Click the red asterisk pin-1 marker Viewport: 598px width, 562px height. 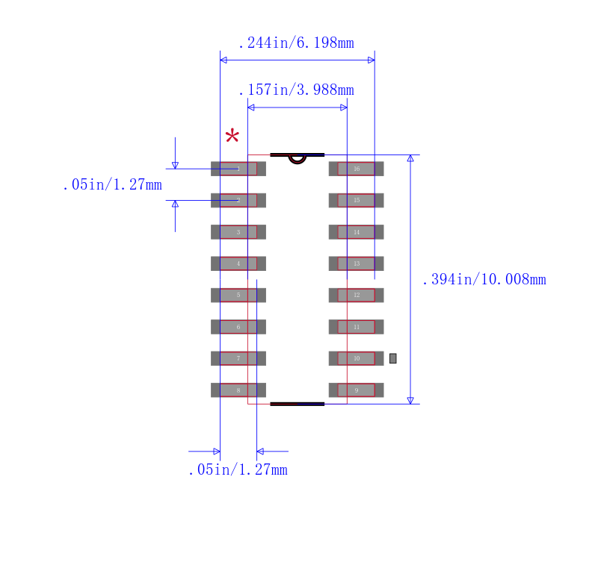(232, 137)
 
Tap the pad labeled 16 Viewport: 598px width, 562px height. (357, 169)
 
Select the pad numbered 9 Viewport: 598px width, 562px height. (357, 390)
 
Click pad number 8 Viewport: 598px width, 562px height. (238, 390)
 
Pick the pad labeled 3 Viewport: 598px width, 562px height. (238, 232)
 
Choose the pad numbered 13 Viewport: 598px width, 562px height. (357, 263)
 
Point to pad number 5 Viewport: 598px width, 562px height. (238, 296)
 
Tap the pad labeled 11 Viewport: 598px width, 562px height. (357, 327)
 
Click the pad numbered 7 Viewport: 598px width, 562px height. (238, 359)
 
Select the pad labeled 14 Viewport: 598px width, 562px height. (357, 232)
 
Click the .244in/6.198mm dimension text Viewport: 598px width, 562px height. (296, 43)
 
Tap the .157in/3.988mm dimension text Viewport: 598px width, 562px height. (296, 90)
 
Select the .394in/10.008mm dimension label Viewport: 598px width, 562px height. (484, 280)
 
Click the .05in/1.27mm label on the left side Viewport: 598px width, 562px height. (112, 185)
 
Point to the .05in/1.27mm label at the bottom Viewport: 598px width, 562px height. (238, 470)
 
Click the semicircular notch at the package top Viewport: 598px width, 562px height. (298, 158)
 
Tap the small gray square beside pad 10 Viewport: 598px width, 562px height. (393, 358)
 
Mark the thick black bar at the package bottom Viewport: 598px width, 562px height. (298, 404)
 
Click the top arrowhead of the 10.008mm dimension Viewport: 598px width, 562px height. (410, 158)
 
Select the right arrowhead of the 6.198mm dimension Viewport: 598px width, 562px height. (371, 60)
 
